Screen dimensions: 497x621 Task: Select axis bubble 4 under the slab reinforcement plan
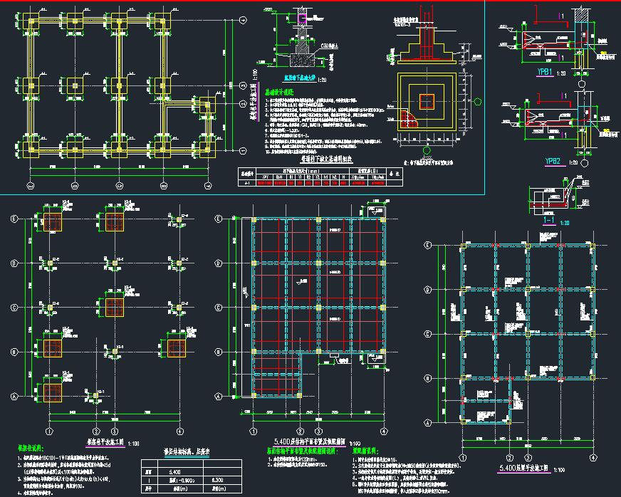pos(384,431)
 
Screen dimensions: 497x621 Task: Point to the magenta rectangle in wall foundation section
pos(302,16)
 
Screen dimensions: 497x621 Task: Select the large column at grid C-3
pos(115,307)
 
